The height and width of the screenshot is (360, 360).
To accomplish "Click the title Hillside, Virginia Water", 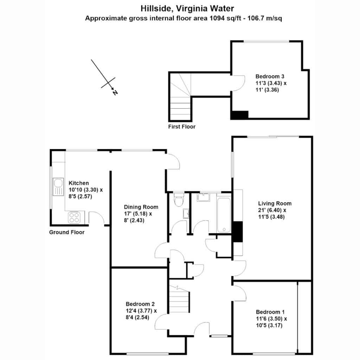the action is pyautogui.click(x=187, y=8).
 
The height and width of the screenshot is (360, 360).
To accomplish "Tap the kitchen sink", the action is pyautogui.click(x=58, y=187).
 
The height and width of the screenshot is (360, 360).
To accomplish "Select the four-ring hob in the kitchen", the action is pyautogui.click(x=74, y=217).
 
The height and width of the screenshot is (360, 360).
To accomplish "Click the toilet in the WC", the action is pyautogui.click(x=178, y=200).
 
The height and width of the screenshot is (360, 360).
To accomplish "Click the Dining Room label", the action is pyautogui.click(x=141, y=207).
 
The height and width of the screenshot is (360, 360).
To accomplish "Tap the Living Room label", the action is pyautogui.click(x=275, y=204).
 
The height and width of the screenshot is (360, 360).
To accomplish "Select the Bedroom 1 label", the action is pyautogui.click(x=270, y=312).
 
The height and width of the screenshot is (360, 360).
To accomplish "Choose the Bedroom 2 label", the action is pyautogui.click(x=140, y=304).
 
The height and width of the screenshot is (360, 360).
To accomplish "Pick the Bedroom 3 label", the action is pyautogui.click(x=270, y=76).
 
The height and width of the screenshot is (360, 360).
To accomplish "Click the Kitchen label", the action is pyautogui.click(x=79, y=183).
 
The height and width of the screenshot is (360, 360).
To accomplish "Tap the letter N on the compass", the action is pyautogui.click(x=115, y=93).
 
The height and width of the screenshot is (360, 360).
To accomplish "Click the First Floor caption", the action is pyautogui.click(x=182, y=127).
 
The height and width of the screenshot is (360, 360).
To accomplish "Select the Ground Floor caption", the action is pyautogui.click(x=67, y=232).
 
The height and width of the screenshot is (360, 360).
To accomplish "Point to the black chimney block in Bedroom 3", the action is pyautogui.click(x=240, y=115).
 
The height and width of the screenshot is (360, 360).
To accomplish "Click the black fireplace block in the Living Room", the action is pyautogui.click(x=238, y=232).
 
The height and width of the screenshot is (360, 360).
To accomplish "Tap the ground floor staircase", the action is pyautogui.click(x=179, y=299).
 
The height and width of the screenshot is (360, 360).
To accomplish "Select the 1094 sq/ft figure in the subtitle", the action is pyautogui.click(x=225, y=18).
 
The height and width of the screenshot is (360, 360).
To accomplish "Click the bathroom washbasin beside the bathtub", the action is pyautogui.click(x=203, y=198).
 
